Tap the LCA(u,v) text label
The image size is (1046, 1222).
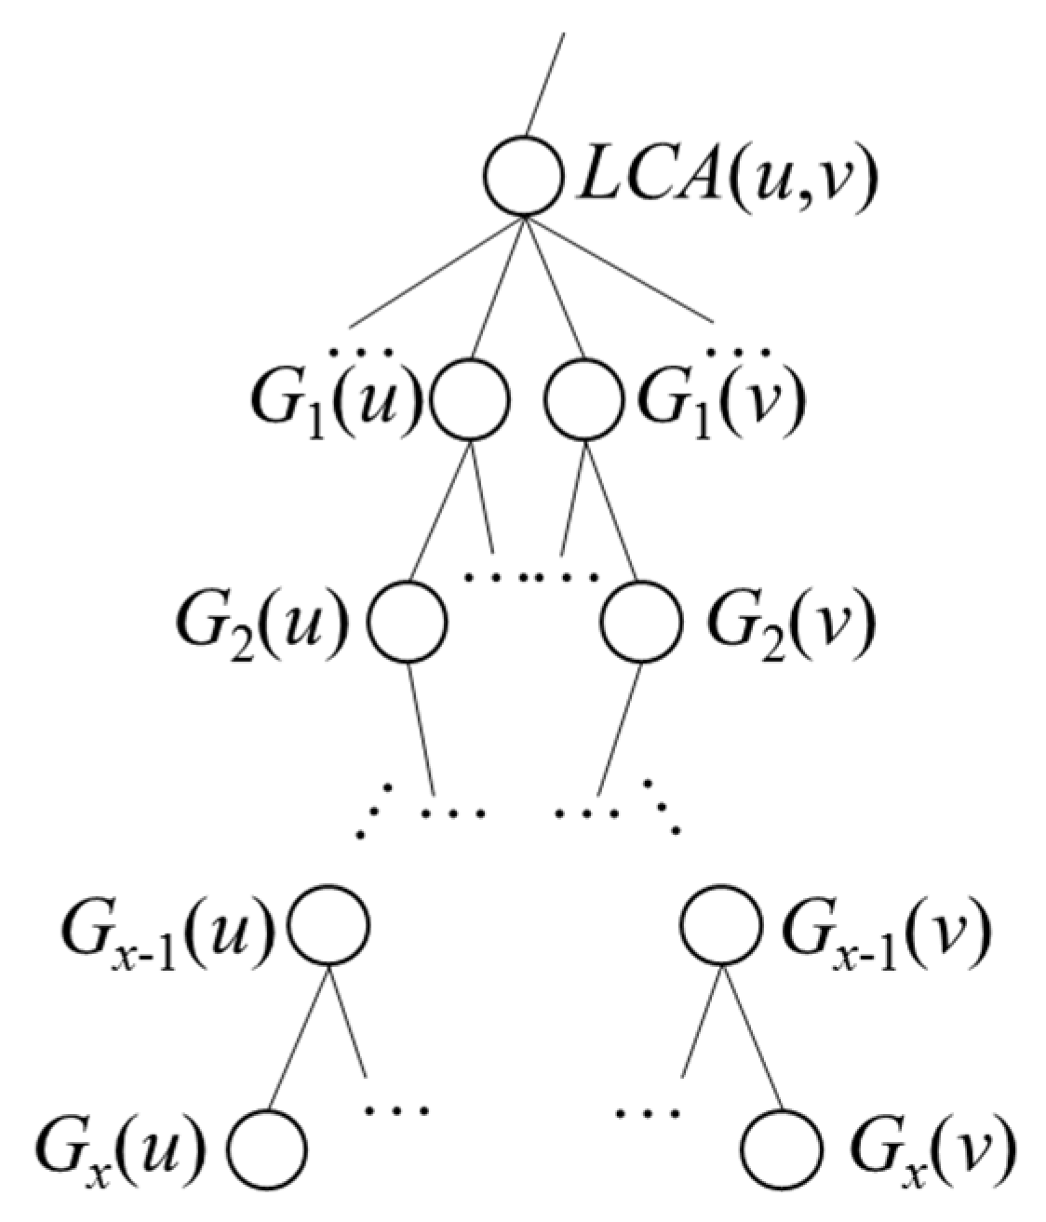[726, 180]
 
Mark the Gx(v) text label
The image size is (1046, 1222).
[931, 1147]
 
